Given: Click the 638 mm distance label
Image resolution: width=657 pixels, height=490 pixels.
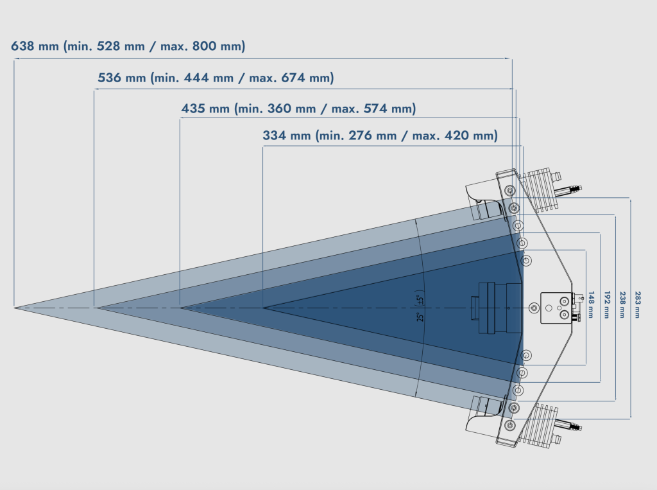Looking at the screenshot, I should (36, 46).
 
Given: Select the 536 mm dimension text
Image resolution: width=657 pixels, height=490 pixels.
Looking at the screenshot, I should (122, 78).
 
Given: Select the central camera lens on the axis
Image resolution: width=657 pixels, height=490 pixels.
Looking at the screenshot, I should (494, 308).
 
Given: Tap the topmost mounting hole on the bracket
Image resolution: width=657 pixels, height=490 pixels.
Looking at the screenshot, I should (509, 191).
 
